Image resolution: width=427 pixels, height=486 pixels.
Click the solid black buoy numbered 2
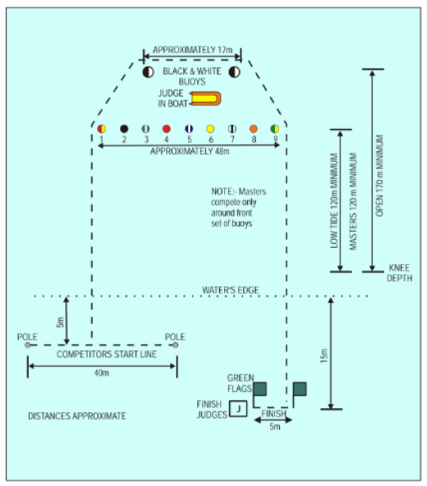124,128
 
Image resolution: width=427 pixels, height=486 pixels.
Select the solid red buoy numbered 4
166,128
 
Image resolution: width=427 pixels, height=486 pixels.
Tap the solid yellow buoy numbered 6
210,128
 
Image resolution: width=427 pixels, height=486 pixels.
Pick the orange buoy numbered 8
254,128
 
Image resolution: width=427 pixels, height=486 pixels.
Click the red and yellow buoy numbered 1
101,128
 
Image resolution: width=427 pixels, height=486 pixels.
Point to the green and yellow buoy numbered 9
275,128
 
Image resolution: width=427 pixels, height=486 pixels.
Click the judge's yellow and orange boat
205,98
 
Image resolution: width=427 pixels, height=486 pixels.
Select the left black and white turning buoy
148,72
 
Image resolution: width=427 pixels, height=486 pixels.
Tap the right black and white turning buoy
234,72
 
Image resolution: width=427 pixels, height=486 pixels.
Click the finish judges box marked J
238,408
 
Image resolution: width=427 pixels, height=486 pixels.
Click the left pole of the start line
28,345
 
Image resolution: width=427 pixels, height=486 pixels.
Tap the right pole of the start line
175,345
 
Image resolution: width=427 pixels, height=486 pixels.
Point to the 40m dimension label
101,372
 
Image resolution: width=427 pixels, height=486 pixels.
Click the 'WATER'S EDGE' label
230,290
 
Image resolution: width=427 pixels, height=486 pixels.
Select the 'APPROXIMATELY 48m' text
190,151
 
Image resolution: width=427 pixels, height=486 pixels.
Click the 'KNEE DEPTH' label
400,272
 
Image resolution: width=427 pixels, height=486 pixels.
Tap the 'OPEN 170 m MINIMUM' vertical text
380,175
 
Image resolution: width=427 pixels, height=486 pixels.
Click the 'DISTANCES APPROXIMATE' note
77,416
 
